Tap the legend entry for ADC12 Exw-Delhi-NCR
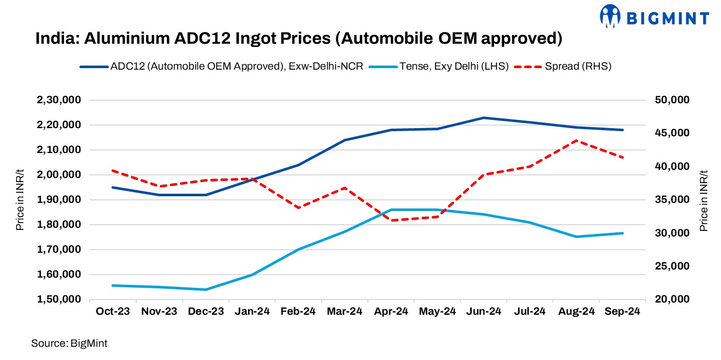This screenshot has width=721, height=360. point(237,66)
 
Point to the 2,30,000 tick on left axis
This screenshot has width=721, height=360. point(59,100)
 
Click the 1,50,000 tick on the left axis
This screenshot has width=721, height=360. point(59,299)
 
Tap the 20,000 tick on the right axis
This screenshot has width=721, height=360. point(672,299)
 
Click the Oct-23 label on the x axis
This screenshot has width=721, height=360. point(113,312)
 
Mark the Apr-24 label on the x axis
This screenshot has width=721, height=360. point(391,312)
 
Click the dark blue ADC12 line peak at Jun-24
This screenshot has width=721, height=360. point(483,117)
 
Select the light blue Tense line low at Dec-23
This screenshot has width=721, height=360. point(206,289)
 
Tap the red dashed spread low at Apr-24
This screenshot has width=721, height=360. point(391,220)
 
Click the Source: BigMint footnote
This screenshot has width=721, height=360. point(69,343)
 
